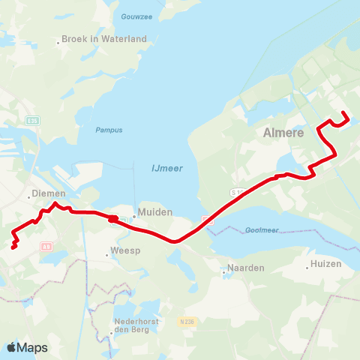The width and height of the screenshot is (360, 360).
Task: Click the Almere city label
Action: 283,133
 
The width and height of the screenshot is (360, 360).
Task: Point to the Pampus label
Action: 108,130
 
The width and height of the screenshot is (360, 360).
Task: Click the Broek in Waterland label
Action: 103,39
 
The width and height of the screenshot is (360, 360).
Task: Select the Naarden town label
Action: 243,268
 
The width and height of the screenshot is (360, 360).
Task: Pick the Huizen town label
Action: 327,264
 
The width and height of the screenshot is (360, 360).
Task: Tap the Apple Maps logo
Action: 27,347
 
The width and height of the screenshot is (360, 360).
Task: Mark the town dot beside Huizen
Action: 307,265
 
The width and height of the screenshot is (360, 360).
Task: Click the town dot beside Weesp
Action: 107,255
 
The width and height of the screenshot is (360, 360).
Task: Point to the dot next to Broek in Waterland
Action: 58,43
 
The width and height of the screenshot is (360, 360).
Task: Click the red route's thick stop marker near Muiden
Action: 112,219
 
